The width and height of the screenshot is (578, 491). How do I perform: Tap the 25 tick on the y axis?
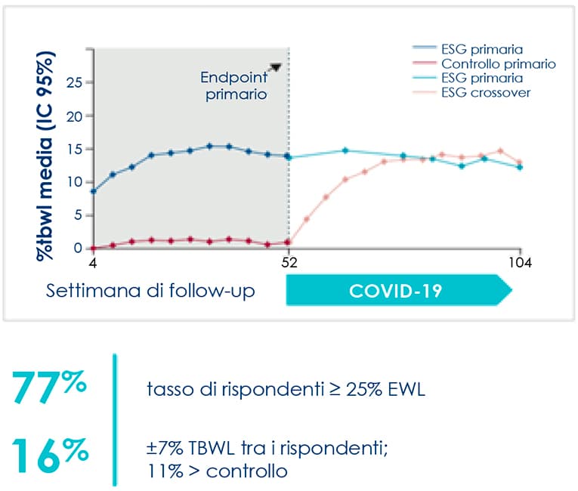tap(75, 82)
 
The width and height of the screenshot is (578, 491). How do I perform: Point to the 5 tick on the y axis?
tap(78, 215)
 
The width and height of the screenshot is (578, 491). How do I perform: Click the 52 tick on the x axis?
tap(289, 262)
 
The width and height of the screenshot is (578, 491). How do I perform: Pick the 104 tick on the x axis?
tap(520, 262)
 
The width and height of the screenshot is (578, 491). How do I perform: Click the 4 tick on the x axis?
tap(93, 262)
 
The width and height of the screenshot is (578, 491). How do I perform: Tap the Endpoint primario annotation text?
tap(234, 85)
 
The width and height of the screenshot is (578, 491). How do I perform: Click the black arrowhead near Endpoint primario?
tap(276, 67)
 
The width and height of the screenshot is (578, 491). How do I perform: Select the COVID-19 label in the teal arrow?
tap(395, 291)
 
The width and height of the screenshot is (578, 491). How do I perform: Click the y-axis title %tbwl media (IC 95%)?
tap(45, 156)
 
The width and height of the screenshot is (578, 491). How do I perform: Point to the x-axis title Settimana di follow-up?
tap(150, 291)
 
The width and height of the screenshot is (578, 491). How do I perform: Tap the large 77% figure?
tap(49, 386)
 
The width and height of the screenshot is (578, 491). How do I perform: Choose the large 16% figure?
tap(50, 455)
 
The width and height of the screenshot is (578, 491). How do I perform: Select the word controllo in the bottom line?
tap(246, 471)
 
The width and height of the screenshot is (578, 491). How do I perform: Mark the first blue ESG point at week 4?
tap(94, 191)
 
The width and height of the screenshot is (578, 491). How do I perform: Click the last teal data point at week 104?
tap(520, 167)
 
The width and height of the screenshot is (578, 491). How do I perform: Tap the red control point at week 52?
tap(288, 242)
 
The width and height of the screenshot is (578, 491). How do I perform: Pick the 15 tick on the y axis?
tap(75, 150)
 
